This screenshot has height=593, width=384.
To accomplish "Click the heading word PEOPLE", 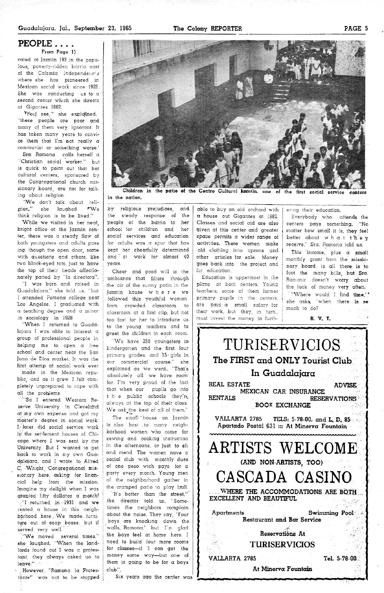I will coord(35,44).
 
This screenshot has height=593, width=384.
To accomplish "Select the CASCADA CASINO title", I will coord(284,477).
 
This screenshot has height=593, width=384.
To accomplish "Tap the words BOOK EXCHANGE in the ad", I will coord(288,405).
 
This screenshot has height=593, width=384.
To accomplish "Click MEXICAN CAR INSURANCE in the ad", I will coord(282,392).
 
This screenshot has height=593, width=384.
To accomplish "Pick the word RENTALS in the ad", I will coord(222,398).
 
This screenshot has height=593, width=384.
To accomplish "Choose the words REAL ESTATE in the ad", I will coord(229,385).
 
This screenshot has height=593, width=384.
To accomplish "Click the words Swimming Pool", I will coord(331,513).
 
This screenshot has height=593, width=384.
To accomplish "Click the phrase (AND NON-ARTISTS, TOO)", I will coord(281,462).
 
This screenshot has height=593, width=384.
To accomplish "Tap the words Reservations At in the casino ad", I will coord(282,533).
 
